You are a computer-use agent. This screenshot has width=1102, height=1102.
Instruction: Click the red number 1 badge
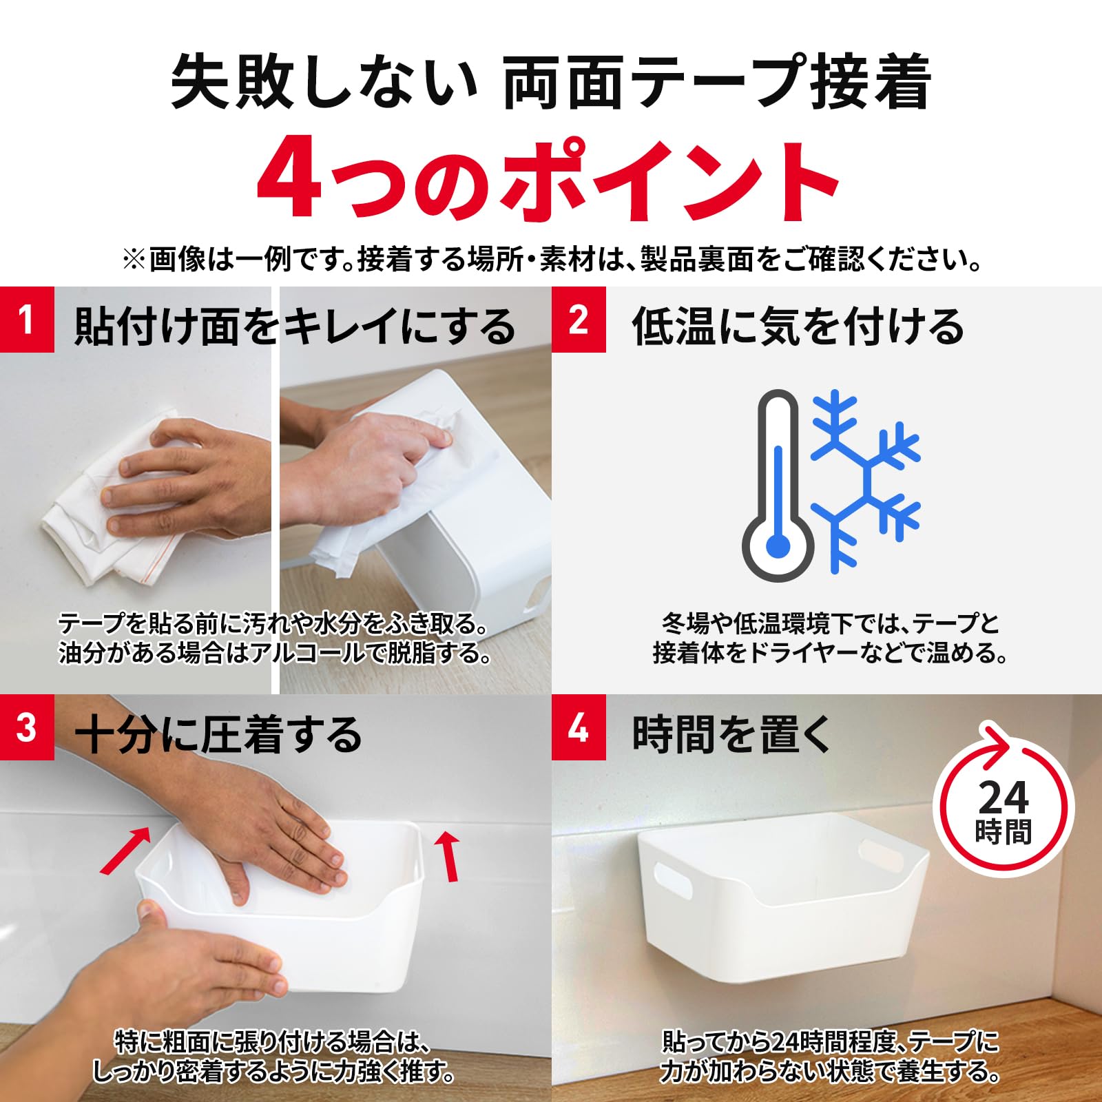tap(27, 320)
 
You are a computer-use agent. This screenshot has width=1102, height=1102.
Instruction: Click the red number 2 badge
tap(579, 320)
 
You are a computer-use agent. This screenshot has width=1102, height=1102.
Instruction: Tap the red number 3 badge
tap(27, 727)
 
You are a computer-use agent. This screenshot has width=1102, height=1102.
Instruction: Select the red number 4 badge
tap(579, 727)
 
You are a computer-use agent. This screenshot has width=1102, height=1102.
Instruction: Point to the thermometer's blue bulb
tap(778, 547)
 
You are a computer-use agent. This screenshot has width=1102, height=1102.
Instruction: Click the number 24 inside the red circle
tap(1004, 798)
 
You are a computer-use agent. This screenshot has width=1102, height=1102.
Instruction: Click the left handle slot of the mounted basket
tap(672, 882)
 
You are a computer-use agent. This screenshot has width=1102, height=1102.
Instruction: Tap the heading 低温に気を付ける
tap(798, 326)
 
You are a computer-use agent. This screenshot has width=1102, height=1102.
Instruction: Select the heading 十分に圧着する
tap(218, 734)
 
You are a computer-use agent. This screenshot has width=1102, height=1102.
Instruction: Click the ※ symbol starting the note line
tap(134, 260)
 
